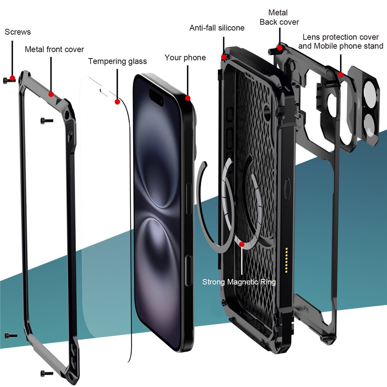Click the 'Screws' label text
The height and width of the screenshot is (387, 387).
point(18,32)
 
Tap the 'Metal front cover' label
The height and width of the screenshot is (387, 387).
point(54,50)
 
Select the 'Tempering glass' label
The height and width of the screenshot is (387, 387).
point(117,61)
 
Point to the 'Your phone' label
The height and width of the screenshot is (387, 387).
point(185,58)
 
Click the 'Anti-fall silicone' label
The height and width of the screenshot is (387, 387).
point(217,28)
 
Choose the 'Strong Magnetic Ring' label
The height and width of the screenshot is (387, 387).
point(239,282)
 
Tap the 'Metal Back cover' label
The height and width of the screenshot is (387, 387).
point(279,17)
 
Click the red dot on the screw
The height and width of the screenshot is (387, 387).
point(12,78)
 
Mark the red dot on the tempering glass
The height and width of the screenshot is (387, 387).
point(117,101)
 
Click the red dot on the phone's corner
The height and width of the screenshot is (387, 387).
point(188,98)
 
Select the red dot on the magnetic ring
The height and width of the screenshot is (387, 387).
point(242,244)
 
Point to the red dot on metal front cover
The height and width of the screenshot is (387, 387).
point(51,94)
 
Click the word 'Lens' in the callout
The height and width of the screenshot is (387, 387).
point(312,37)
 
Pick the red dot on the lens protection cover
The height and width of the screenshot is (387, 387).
point(341,74)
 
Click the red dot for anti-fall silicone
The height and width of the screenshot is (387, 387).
point(224,57)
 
